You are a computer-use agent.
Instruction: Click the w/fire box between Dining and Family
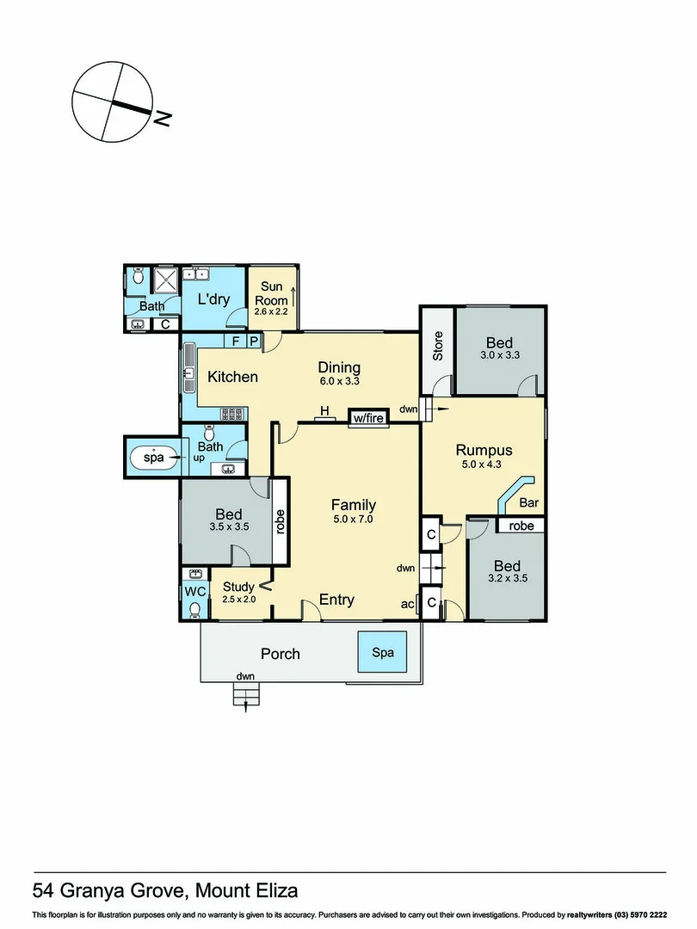pyautogui.click(x=368, y=418)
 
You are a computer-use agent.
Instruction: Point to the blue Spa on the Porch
pyautogui.click(x=383, y=653)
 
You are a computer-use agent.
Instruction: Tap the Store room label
pyautogui.click(x=437, y=345)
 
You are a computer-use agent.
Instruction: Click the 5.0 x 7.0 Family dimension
pyautogui.click(x=353, y=520)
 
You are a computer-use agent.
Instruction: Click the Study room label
pyautogui.click(x=238, y=587)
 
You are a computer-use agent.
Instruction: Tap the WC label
pyautogui.click(x=194, y=592)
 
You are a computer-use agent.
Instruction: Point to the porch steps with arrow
pyautogui.click(x=246, y=695)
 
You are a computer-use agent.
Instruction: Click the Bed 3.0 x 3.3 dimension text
pyautogui.click(x=500, y=354)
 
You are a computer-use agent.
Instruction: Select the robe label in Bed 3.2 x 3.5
pyautogui.click(x=521, y=526)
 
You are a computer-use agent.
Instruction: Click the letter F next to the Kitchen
pyautogui.click(x=236, y=341)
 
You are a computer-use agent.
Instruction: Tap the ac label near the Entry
pyautogui.click(x=408, y=605)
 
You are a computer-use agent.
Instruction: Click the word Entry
pyautogui.click(x=336, y=600)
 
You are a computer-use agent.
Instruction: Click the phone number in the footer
pyautogui.click(x=640, y=915)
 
